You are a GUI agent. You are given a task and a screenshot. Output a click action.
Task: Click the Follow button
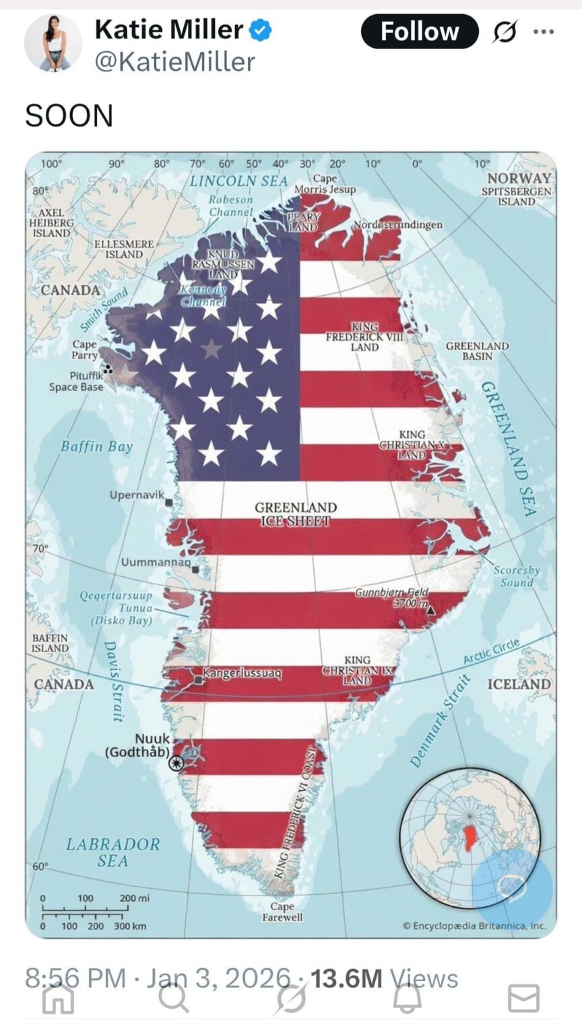tap(419, 32)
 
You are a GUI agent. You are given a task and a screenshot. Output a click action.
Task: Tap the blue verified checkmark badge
tap(261, 30)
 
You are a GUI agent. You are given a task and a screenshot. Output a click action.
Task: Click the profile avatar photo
tap(53, 42)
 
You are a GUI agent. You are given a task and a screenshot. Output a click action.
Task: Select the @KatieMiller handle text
tap(174, 62)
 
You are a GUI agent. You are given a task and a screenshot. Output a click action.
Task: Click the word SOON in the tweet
tap(69, 116)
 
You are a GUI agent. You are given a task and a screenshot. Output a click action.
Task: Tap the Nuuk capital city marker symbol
tap(176, 762)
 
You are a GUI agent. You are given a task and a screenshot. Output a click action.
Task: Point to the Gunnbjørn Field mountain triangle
tap(430, 610)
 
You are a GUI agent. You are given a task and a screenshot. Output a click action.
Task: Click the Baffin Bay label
tap(96, 446)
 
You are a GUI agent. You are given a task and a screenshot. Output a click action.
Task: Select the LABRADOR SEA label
tap(112, 852)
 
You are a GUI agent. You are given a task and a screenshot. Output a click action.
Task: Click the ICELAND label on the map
tap(518, 684)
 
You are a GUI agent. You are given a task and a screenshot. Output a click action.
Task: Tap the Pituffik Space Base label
tap(76, 381)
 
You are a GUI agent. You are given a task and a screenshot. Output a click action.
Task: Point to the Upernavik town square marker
tap(168, 502)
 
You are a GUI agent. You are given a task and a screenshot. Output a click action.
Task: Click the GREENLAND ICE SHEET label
tap(295, 513)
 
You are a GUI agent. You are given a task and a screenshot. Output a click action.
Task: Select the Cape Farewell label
tap(282, 912)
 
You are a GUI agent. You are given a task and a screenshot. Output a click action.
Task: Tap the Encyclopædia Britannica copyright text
tap(474, 926)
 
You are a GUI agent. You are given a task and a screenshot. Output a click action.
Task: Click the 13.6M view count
tap(346, 978)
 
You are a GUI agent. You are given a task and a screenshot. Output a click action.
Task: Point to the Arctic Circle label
tap(491, 652)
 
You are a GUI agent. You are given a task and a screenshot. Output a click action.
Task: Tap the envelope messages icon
tap(523, 998)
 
